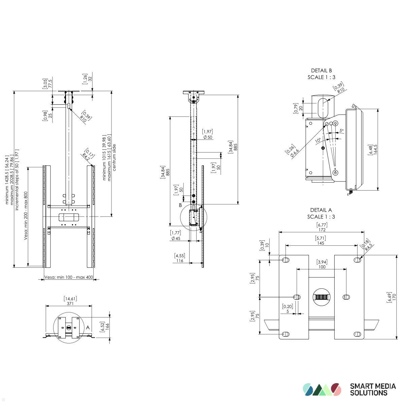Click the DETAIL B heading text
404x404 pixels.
pos(321,71)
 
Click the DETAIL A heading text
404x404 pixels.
pos(321,210)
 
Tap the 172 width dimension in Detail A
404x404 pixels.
pos(322,230)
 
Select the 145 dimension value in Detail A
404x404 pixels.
pos(321,243)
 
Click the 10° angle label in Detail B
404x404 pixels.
pos(318,140)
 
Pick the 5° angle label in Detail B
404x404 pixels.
pos(341,131)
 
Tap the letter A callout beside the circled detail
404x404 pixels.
pos(88,327)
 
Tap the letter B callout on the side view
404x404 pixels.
pos(180,205)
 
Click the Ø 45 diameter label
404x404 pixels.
pos(176,238)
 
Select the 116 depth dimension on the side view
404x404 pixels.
pos(179,260)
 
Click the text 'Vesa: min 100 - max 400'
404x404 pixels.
pos(69,277)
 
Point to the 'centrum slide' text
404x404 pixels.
pos(114,158)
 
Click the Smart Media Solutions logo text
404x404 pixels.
pos(373,390)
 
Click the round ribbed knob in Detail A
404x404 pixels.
pos(321,297)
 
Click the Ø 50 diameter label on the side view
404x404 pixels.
pos(207,137)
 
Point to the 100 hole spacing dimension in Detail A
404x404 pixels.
pos(322,267)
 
